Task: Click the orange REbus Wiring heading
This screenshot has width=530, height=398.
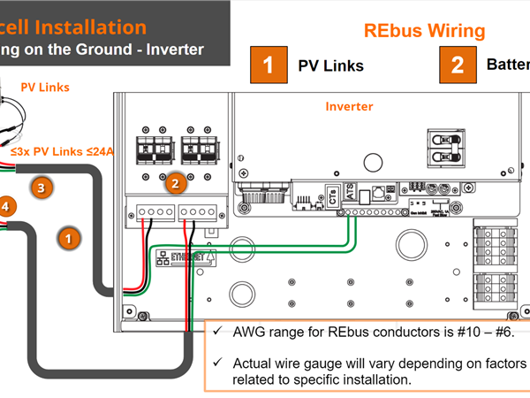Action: [425, 30]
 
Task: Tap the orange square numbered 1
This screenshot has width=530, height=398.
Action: [268, 65]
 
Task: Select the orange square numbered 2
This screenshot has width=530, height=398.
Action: [457, 65]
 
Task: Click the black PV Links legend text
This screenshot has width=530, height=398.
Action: [330, 65]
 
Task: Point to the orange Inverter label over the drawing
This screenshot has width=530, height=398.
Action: [349, 106]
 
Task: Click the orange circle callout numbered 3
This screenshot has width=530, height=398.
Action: [40, 187]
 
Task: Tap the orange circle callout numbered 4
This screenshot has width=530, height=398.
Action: [6, 207]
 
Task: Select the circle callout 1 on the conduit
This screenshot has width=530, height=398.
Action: [68, 236]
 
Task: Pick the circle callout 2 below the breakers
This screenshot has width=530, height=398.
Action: [175, 184]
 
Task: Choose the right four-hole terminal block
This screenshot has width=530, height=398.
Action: [199, 212]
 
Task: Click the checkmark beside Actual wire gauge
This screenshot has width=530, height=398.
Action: [217, 363]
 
